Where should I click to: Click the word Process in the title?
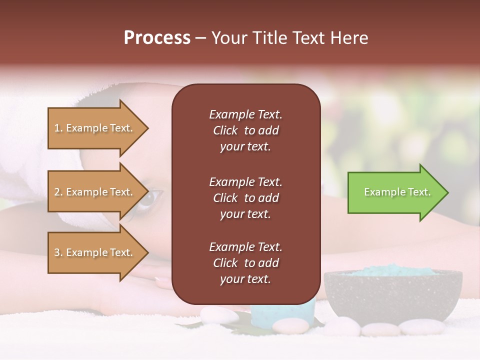coord(157,38)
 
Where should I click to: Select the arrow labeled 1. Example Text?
coord(95,128)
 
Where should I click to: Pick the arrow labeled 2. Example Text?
coord(95,192)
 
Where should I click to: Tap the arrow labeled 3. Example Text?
coord(95,252)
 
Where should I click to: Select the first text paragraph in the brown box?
coord(245,130)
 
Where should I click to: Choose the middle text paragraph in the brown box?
coord(245,197)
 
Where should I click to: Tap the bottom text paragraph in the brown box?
coord(245,263)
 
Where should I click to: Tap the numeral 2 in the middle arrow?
coord(57,192)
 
